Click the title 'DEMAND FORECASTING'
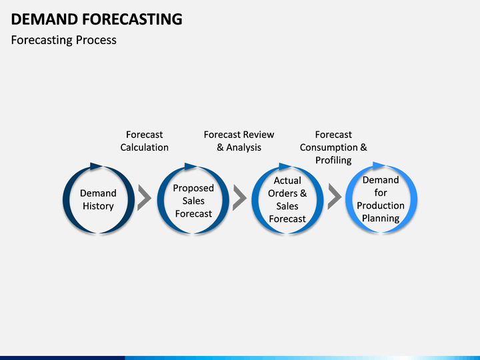coord(97,19)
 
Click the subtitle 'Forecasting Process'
coord(64,40)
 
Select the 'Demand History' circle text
coord(98,199)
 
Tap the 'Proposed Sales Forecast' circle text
coord(193,201)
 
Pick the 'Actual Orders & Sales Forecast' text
coord(287,199)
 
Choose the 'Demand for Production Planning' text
coord(381,199)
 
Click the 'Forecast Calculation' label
coord(144,141)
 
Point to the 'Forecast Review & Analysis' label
coord(239,141)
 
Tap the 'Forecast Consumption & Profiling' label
coord(333,147)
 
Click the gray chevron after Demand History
coord(144,197)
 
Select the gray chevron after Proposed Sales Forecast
coord(239,197)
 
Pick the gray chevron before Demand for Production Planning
coord(334,197)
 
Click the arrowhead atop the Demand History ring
coord(96,165)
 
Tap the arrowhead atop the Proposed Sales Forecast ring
coord(191,165)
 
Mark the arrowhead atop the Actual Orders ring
coord(285,165)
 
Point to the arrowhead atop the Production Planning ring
coord(379,165)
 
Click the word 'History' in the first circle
coord(98,206)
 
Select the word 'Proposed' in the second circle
coord(193,188)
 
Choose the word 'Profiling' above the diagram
coord(333,160)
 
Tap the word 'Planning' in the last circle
coord(381,218)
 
